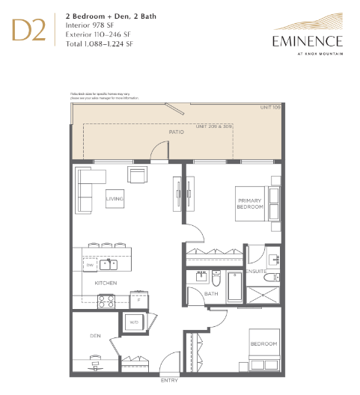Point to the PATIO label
point(176,132)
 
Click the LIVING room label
point(115,198)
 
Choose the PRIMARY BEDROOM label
point(250,204)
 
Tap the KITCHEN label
point(105,284)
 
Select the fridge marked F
point(138,299)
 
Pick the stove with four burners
point(106,301)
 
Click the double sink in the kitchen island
point(110,263)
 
